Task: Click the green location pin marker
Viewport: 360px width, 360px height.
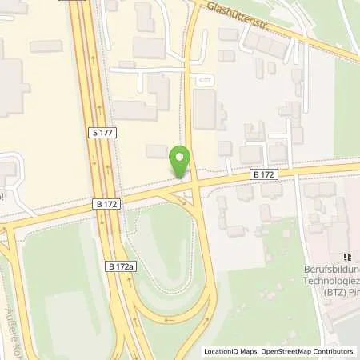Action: tap(180, 160)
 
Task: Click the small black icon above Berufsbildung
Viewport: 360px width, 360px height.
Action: tap(348, 258)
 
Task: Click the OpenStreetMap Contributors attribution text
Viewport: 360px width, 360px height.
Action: tap(310, 350)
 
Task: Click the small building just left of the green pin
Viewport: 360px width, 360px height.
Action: tap(157, 150)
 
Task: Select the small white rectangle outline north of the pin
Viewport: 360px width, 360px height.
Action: tap(204, 80)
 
